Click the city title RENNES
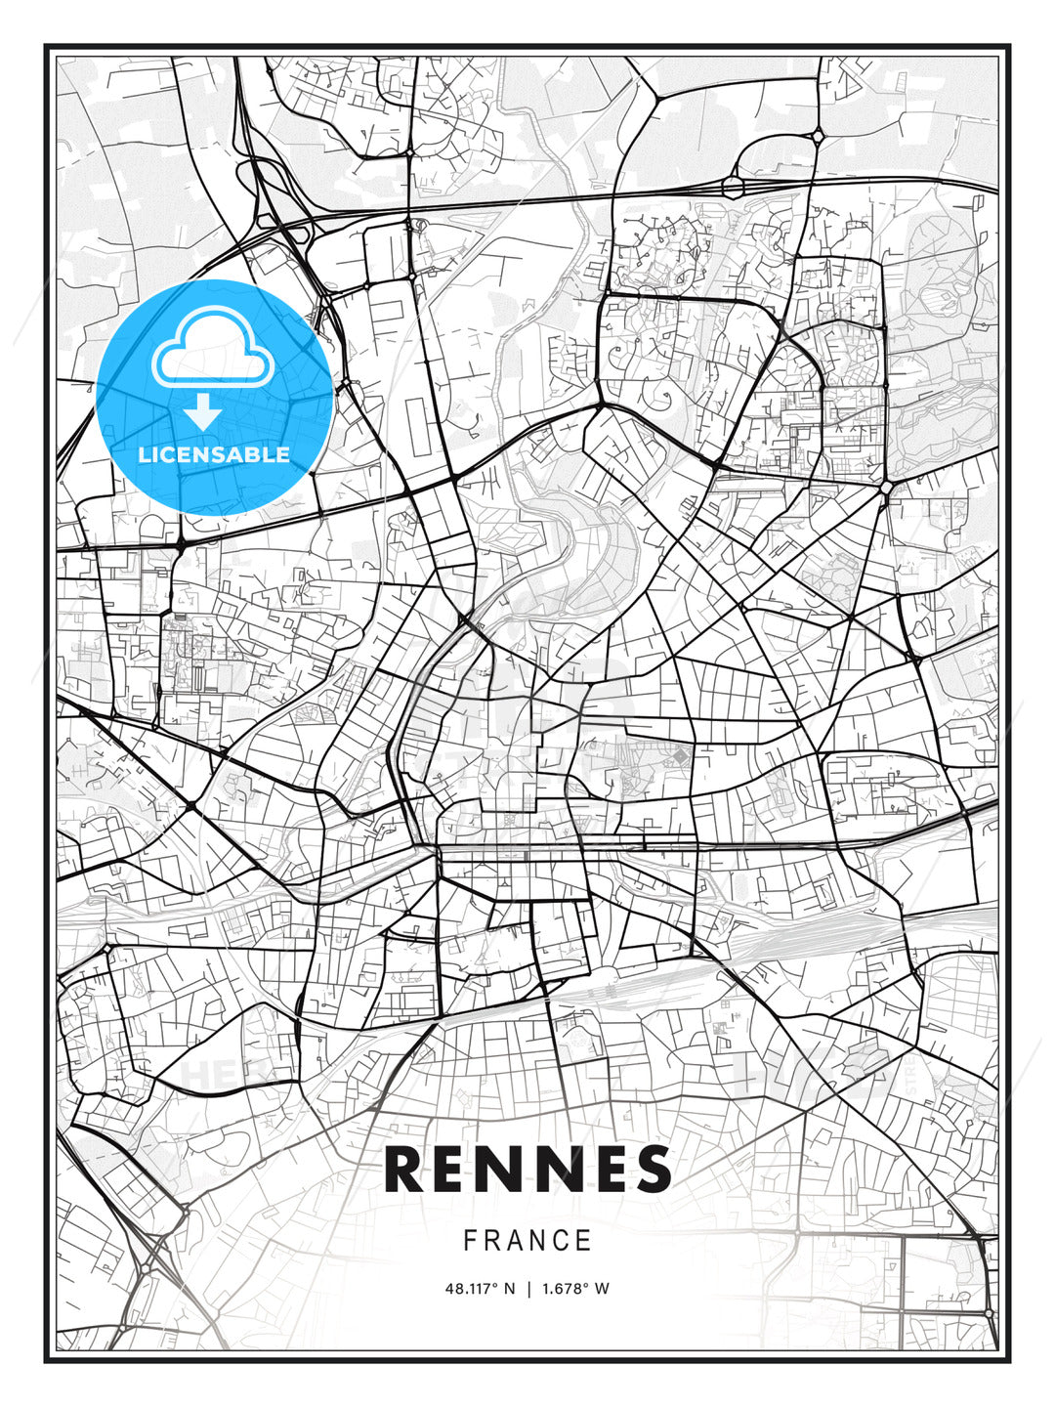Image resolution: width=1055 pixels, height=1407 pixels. (x=527, y=1170)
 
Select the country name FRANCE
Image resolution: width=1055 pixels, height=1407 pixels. (x=527, y=1241)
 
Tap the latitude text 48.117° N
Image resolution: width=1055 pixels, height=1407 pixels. (x=480, y=1289)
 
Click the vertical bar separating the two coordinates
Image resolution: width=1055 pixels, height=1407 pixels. (x=528, y=1289)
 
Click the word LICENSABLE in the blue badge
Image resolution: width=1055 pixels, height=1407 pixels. (x=214, y=454)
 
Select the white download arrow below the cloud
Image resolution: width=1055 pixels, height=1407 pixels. (x=203, y=411)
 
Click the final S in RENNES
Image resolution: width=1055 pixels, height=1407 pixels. (x=651, y=1170)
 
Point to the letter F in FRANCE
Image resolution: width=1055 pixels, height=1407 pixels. (x=470, y=1241)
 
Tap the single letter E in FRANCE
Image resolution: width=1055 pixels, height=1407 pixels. (x=583, y=1241)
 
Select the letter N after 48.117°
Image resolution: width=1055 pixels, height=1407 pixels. (x=509, y=1289)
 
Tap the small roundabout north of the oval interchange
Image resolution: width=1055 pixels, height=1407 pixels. (x=817, y=137)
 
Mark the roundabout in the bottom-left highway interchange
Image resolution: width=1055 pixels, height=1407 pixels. (x=147, y=1267)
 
